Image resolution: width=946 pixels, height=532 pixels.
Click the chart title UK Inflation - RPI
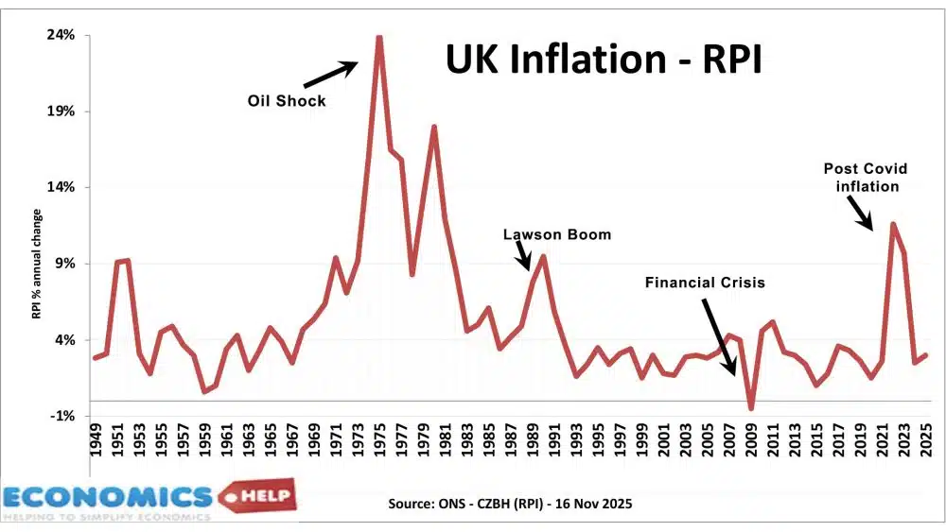click(604, 60)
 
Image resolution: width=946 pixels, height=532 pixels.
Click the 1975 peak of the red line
click(378, 38)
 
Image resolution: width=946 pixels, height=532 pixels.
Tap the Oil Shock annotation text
click(287, 101)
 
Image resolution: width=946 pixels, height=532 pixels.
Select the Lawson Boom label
click(557, 234)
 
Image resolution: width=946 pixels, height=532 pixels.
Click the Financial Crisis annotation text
click(705, 283)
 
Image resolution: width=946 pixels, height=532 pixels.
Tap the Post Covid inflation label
click(865, 178)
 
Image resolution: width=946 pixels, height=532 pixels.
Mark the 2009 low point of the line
click(751, 408)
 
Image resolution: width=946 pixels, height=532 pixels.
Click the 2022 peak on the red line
click(892, 224)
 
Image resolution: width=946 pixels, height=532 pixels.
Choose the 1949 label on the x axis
click(96, 439)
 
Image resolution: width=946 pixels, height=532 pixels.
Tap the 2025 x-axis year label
click(927, 439)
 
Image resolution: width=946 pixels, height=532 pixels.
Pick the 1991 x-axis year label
click(555, 439)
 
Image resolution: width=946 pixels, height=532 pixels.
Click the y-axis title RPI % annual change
click(37, 264)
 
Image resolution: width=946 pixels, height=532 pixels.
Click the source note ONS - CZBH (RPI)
click(510, 504)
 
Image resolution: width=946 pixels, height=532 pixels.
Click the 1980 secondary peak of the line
click(433, 127)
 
